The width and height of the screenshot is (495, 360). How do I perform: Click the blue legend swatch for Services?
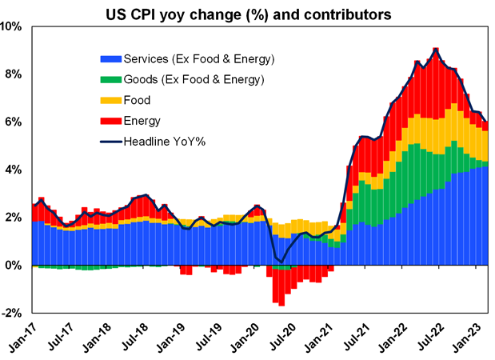point(109,60)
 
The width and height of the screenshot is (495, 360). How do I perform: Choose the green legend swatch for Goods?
point(109,80)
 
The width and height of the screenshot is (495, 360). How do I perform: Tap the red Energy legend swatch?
point(109,121)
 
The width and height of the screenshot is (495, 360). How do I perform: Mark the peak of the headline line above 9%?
point(434,49)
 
